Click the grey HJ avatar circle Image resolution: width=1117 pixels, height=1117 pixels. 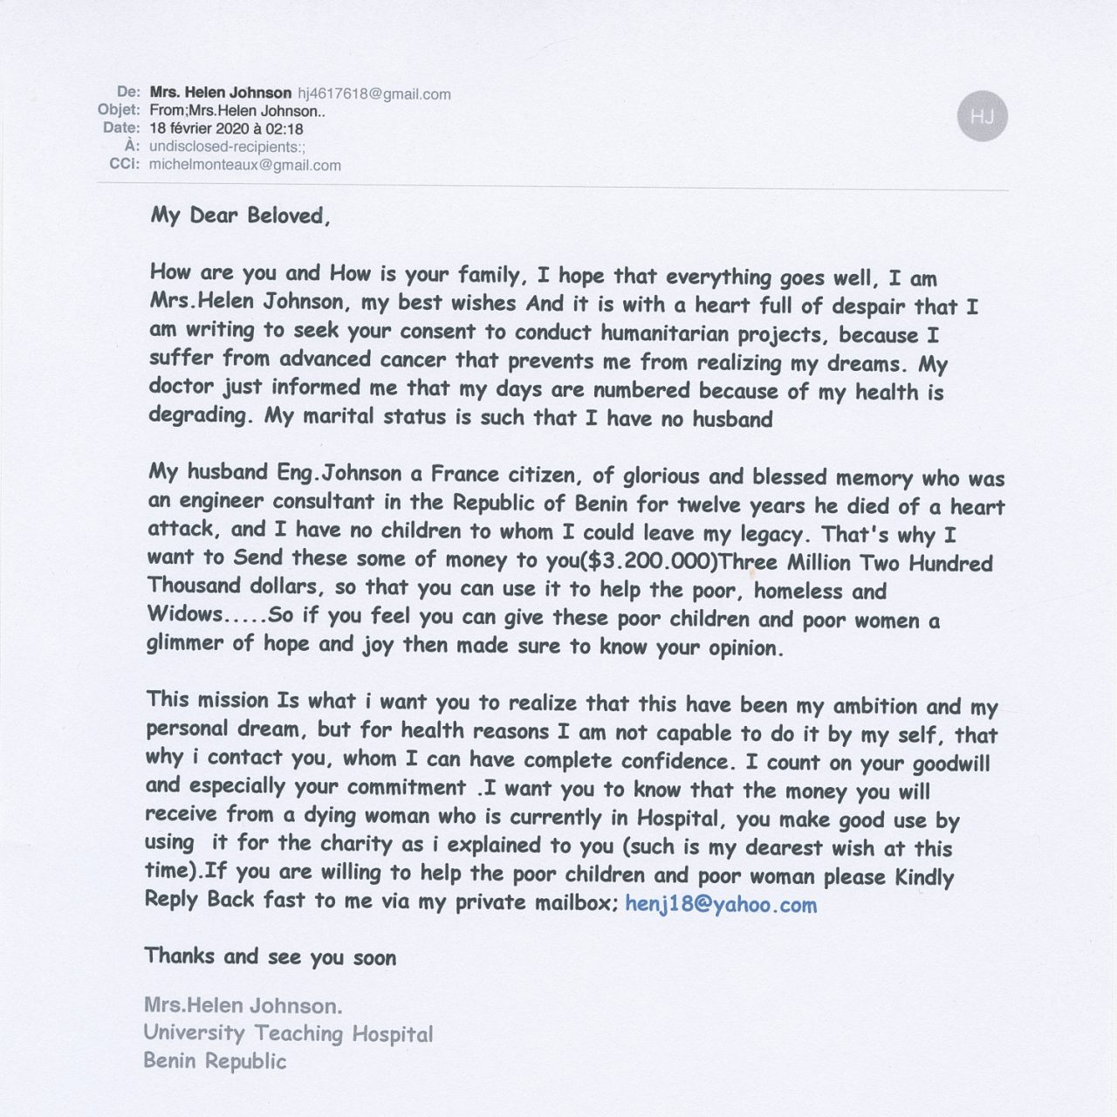pyautogui.click(x=982, y=116)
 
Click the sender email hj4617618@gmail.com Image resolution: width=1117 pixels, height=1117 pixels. pyautogui.click(x=374, y=94)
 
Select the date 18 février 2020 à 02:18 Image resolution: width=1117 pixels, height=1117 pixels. pyautogui.click(x=226, y=128)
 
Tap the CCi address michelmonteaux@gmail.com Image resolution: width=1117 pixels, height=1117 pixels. pyautogui.click(x=245, y=165)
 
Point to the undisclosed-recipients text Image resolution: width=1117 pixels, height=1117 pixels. pyautogui.click(x=227, y=147)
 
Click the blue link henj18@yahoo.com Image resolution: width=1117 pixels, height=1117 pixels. pyautogui.click(x=721, y=905)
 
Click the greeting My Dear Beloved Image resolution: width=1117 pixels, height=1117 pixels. pyautogui.click(x=240, y=216)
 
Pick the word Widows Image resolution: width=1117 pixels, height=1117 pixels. pyautogui.click(x=185, y=613)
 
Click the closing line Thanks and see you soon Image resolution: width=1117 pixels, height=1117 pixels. pyautogui.click(x=271, y=956)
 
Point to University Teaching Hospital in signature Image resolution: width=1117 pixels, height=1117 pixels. pyautogui.click(x=288, y=1033)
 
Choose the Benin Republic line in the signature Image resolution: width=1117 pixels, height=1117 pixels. pyautogui.click(x=215, y=1061)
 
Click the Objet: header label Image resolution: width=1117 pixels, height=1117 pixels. pyautogui.click(x=119, y=110)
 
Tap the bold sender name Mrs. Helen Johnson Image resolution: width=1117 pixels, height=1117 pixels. pyautogui.click(x=221, y=93)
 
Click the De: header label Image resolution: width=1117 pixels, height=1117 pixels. pyautogui.click(x=128, y=92)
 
